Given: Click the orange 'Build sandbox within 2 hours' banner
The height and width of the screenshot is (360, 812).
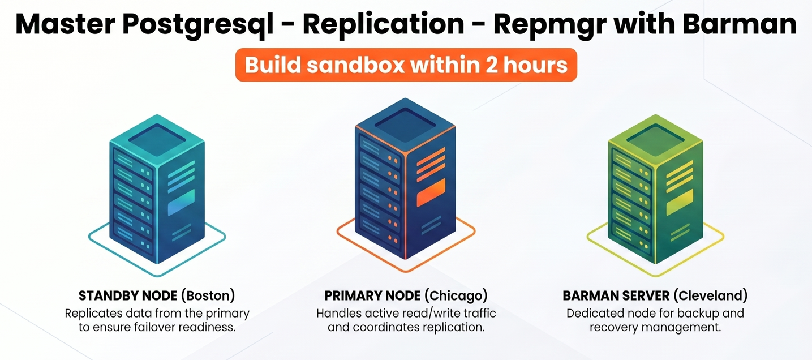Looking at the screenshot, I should pyautogui.click(x=406, y=65).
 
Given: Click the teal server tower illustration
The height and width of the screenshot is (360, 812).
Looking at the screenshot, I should pyautogui.click(x=157, y=190).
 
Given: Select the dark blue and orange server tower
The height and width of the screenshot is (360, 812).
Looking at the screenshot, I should pyautogui.click(x=406, y=181).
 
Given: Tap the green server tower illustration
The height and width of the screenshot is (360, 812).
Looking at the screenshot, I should pyautogui.click(x=655, y=190).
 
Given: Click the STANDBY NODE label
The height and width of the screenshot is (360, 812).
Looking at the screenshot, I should pyautogui.click(x=128, y=295).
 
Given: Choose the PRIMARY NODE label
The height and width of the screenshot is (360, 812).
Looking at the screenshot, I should pyautogui.click(x=372, y=295).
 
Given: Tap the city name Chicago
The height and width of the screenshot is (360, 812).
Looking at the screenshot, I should pyautogui.click(x=457, y=295).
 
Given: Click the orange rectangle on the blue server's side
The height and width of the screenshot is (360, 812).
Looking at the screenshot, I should pyautogui.click(x=431, y=193).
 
